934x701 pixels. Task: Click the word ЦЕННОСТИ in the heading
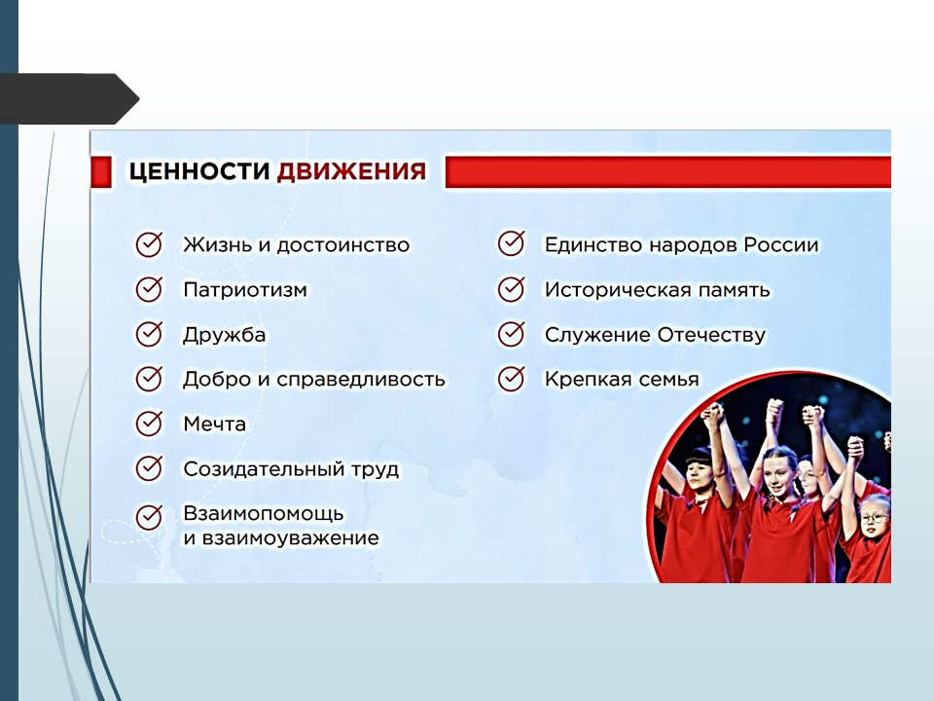coord(199,171)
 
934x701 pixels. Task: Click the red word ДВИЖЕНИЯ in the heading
coord(352,171)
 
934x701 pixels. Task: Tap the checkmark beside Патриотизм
coord(149,290)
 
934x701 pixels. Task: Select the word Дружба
coord(224,335)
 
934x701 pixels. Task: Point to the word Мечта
coord(214,424)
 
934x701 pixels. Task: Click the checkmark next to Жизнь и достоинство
coord(149,244)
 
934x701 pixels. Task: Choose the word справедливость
coord(361,380)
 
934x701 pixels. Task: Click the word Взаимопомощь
coord(264,514)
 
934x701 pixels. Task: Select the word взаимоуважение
coord(291,538)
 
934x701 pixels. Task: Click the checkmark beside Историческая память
coord(511,290)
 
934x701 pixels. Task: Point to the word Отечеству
coord(710,335)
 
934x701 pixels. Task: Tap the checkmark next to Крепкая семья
coord(511,379)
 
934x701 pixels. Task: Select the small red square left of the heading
coord(101,172)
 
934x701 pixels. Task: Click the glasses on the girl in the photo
coord(874,518)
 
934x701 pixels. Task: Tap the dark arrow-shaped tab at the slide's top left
coord(69,98)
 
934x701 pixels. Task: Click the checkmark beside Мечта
coord(149,424)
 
